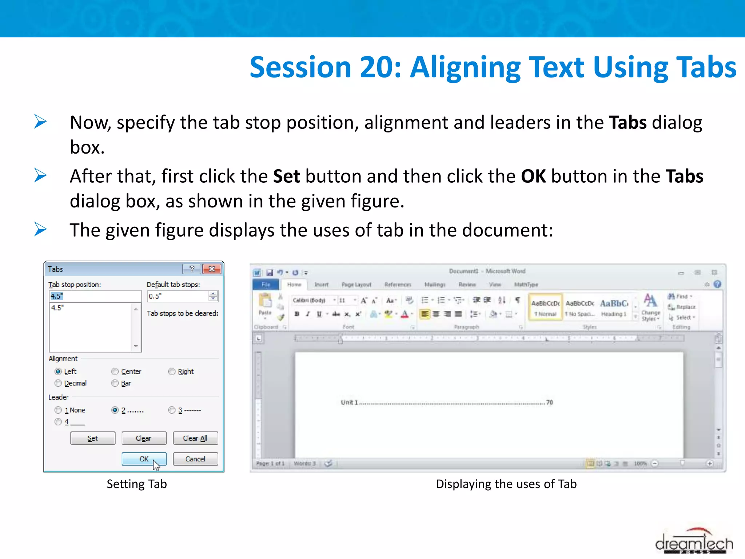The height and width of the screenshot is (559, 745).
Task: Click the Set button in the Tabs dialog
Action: point(93,438)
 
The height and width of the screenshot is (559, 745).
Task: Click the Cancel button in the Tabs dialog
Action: point(195,459)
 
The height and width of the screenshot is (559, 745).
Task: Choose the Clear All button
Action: point(195,438)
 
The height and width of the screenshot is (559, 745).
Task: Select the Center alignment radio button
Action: point(115,372)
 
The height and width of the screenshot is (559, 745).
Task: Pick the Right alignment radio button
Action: point(172,372)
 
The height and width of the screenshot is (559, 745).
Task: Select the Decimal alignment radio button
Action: point(58,383)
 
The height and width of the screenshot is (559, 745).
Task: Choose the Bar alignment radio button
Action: point(115,383)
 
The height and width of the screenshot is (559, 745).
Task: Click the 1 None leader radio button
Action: point(58,410)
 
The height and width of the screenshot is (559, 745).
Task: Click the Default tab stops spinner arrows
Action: point(213,296)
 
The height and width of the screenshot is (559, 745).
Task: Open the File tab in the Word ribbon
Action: point(266,285)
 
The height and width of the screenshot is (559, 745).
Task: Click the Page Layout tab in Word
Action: point(356,285)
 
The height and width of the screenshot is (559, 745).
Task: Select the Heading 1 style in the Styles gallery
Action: point(614,308)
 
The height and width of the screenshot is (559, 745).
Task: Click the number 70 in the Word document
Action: point(549,402)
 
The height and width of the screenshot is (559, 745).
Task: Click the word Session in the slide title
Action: point(300,67)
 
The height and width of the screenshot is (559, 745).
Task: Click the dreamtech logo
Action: point(694,542)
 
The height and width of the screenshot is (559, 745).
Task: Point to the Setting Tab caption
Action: point(137,484)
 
